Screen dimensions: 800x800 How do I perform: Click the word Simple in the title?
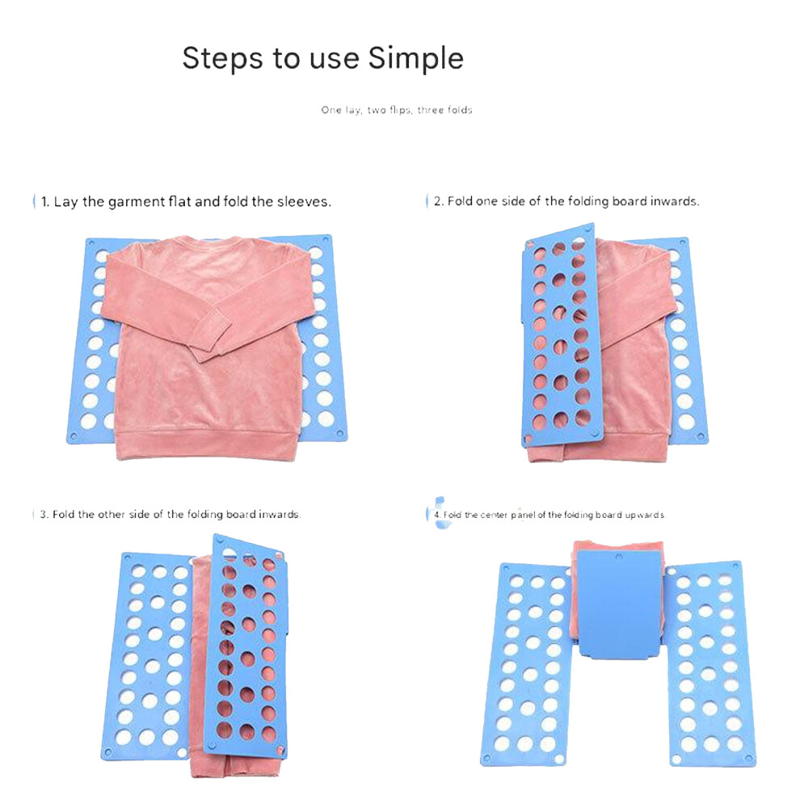416,59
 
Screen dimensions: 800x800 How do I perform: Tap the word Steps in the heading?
223,59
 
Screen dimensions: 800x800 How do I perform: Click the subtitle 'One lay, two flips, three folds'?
397,110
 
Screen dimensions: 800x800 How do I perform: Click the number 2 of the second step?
438,201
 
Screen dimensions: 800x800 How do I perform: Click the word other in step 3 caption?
112,514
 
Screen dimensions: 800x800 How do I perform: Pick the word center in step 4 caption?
494,516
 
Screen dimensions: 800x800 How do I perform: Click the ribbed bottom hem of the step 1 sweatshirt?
207,445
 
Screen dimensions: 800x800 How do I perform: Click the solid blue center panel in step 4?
620,604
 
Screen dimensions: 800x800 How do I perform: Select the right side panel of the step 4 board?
710,663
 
